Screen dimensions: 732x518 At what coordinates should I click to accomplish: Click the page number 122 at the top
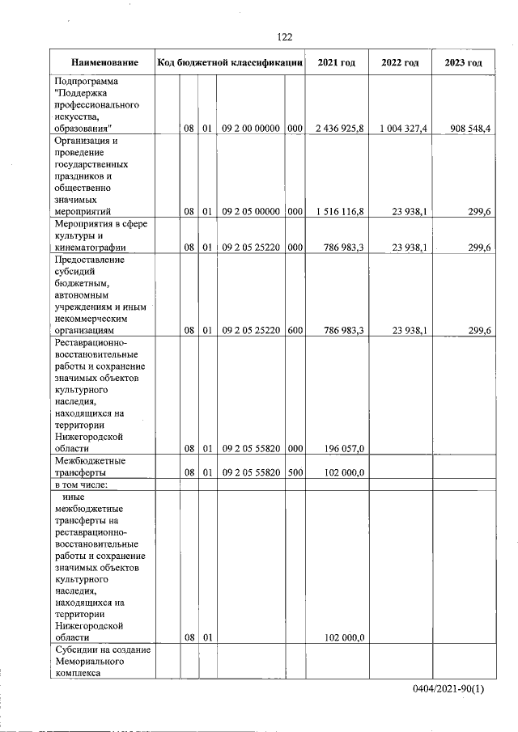tap(284, 37)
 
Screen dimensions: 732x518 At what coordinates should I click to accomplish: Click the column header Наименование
tap(104, 63)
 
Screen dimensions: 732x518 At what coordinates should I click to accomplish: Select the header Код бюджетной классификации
tap(230, 63)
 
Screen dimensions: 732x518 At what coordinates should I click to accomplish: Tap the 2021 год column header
tap(337, 63)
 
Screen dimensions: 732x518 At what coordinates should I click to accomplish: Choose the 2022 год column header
tap(400, 63)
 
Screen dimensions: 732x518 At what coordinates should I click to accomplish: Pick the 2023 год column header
tap(464, 63)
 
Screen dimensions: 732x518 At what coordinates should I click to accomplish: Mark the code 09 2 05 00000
tap(250, 212)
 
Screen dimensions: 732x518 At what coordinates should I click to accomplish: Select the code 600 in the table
tap(295, 330)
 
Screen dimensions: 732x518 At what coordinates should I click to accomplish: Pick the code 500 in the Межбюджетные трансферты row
tap(295, 473)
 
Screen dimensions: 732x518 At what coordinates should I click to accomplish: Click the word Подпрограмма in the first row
tap(86, 82)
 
